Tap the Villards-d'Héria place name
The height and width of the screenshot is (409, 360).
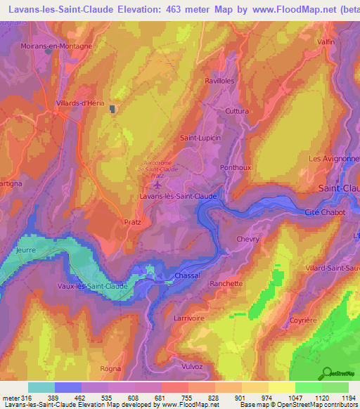(x=80, y=103)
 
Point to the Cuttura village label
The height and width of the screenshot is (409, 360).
(x=237, y=111)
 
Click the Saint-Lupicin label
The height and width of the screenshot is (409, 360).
(x=201, y=138)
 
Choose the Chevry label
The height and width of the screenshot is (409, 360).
(x=247, y=239)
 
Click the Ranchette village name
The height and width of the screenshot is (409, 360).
(x=226, y=284)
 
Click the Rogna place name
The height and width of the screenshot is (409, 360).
(x=111, y=368)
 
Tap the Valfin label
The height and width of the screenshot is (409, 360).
(x=326, y=41)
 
